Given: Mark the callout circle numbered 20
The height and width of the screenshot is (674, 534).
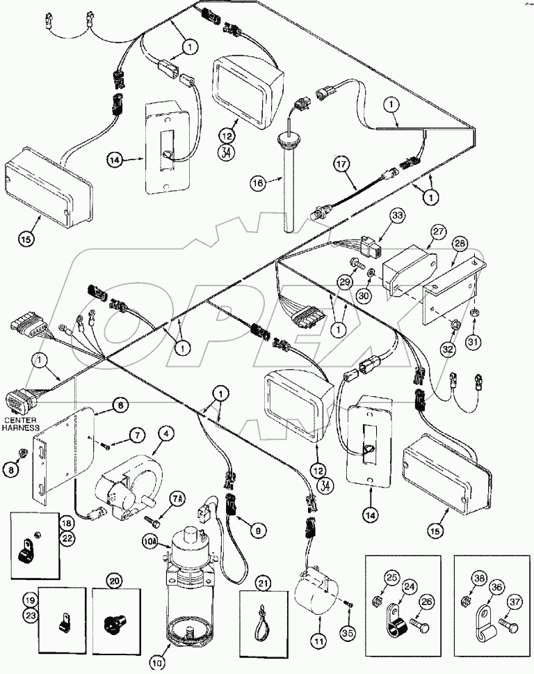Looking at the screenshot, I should coord(114,580).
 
